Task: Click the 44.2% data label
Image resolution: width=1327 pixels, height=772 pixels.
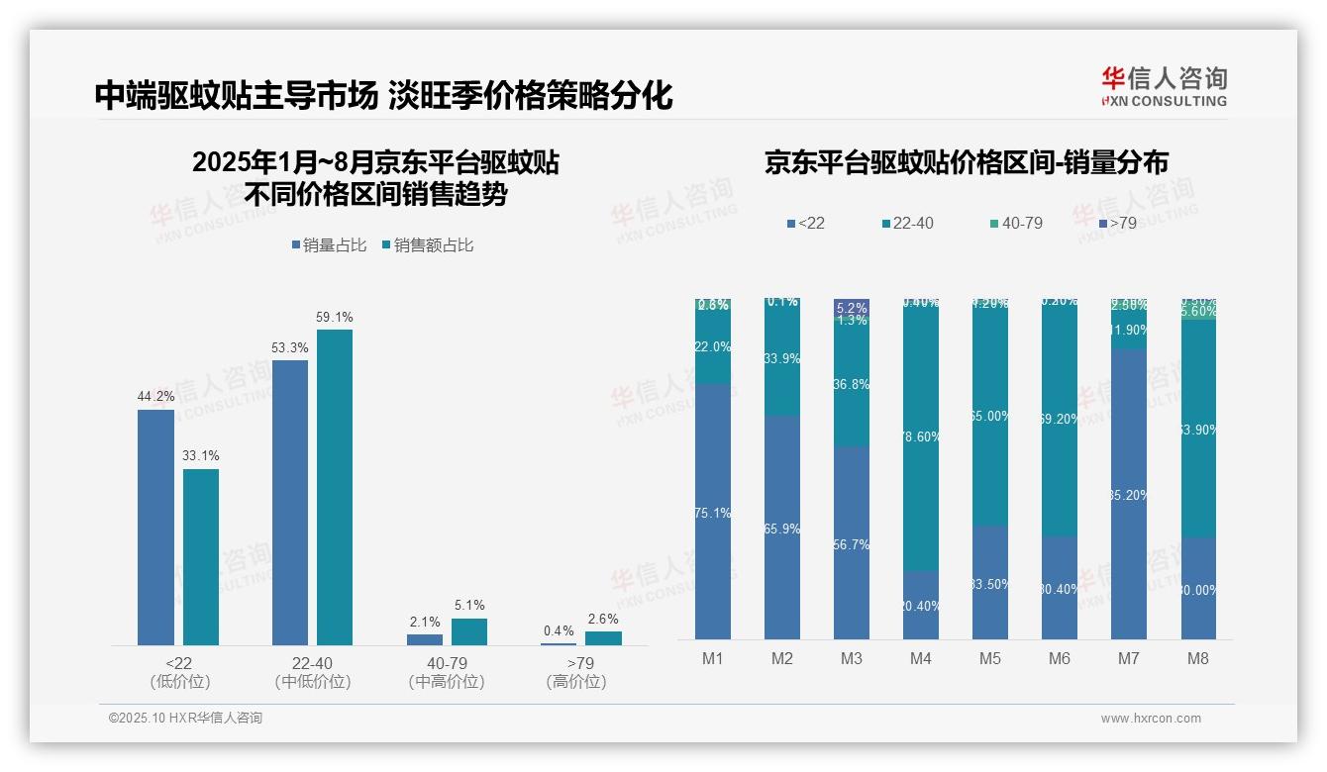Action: point(155,397)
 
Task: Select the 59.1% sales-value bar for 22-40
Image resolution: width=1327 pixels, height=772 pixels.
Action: point(335,487)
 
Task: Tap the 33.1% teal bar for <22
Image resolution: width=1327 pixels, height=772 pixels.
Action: point(201,556)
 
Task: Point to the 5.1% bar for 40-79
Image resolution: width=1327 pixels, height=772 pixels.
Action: point(469,631)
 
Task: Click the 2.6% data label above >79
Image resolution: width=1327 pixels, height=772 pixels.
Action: point(602,620)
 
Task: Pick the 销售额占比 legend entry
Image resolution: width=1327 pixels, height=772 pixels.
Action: point(427,244)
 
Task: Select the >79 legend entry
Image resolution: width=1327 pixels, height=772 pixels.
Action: point(1116,224)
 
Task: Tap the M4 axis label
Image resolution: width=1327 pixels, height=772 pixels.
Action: point(921,658)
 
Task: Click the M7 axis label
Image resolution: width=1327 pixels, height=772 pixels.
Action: point(1129,658)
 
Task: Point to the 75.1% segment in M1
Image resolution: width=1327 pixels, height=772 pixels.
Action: point(713,512)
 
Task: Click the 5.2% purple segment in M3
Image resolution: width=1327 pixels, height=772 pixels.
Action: point(852,307)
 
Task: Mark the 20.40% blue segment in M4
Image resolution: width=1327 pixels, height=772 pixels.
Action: point(921,605)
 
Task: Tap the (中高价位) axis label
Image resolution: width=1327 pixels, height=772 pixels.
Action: point(447,682)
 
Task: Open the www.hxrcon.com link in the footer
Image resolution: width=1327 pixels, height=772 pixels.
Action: point(1151,719)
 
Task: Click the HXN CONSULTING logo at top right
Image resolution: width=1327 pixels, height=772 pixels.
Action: point(1164,86)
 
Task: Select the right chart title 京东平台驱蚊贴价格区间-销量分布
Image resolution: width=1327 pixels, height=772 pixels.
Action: point(966,163)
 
